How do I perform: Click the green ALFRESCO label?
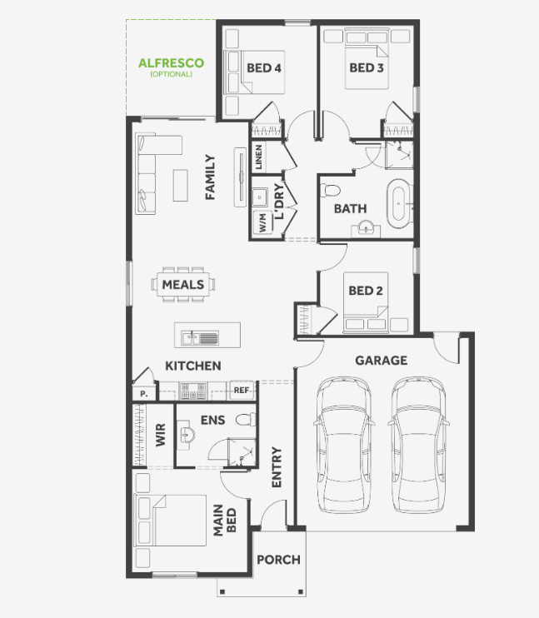(x=171, y=63)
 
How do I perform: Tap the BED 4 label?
(x=264, y=68)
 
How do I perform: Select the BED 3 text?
(x=367, y=67)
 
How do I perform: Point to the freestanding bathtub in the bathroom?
(x=399, y=204)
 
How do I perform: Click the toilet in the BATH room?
(x=330, y=191)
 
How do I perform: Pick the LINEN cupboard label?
(x=258, y=157)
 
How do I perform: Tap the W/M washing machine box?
(x=262, y=222)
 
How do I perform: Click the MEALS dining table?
(x=183, y=284)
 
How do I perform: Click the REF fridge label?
(x=242, y=390)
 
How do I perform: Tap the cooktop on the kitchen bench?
(x=192, y=391)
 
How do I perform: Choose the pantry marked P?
(x=143, y=393)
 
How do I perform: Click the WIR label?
(x=161, y=435)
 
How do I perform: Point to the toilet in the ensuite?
(x=245, y=419)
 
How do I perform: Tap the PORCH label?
(x=278, y=560)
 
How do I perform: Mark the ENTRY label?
(x=277, y=467)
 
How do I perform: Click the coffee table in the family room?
(x=180, y=185)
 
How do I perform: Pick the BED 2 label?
(x=366, y=291)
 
